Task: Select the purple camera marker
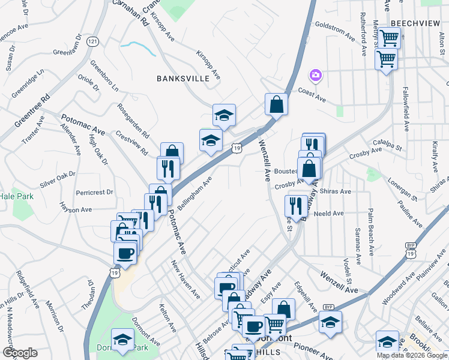(315, 75)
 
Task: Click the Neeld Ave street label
(328, 214)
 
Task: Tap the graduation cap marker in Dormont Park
(123, 340)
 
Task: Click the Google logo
(19, 353)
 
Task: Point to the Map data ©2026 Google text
(412, 355)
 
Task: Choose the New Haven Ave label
(185, 279)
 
